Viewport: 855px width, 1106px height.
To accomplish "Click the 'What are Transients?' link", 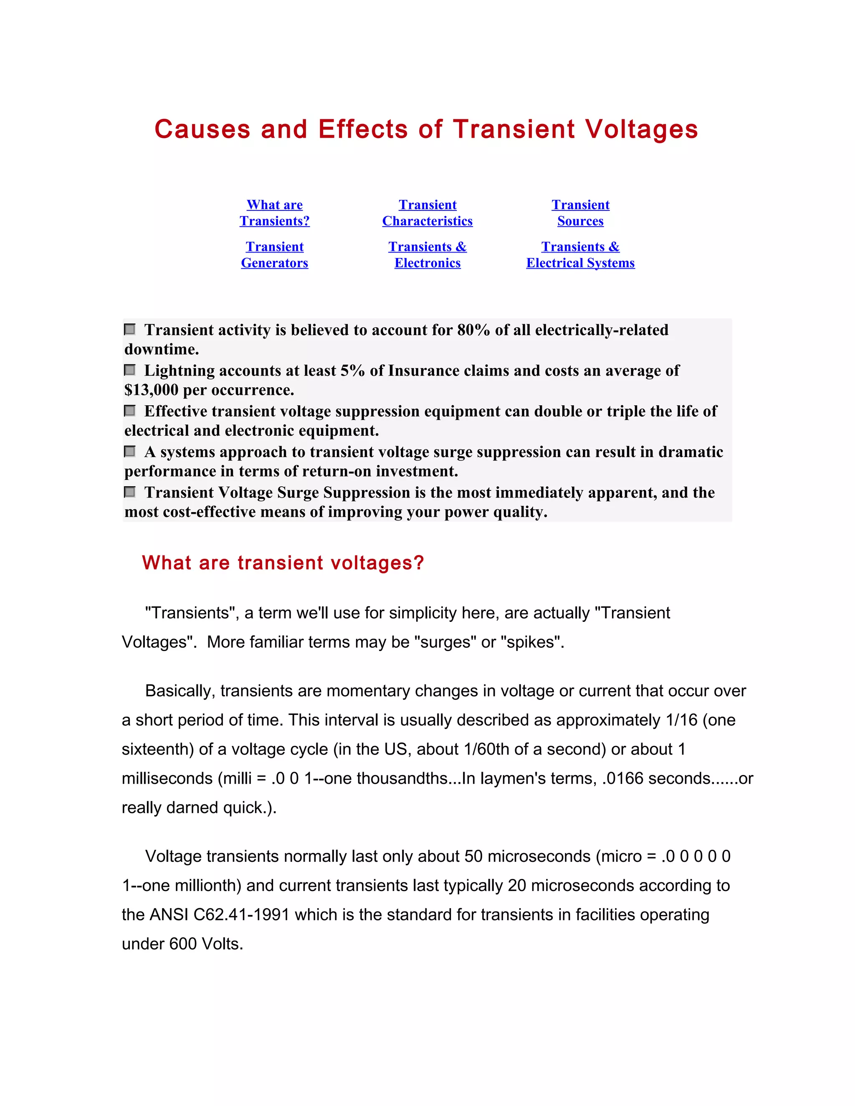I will pyautogui.click(x=275, y=213).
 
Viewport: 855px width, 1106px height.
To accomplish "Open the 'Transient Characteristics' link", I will pyautogui.click(x=427, y=213).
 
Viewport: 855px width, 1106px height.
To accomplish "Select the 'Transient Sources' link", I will pyautogui.click(x=580, y=213).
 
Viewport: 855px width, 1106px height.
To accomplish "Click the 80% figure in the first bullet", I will pyautogui.click(x=473, y=330).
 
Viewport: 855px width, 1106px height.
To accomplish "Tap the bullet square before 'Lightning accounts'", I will pyautogui.click(x=130, y=370).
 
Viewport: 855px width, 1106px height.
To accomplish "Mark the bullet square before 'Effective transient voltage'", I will pyautogui.click(x=130, y=411).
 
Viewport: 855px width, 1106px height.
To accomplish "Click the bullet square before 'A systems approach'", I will pyautogui.click(x=130, y=451).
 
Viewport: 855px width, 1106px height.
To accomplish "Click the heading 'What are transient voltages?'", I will pyautogui.click(x=283, y=563).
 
